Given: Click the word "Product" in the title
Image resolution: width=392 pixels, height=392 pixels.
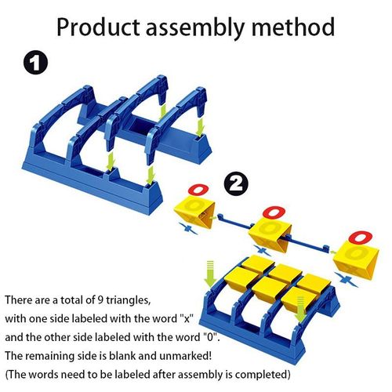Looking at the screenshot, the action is (x=98, y=27).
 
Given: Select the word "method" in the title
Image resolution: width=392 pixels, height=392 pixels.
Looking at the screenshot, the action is (x=293, y=27).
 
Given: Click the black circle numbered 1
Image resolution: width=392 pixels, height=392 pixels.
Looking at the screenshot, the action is (x=35, y=63).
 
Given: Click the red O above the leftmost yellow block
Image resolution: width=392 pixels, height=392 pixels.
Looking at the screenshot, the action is (x=198, y=190).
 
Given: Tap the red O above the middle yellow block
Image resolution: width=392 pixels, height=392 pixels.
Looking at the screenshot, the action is (x=274, y=212).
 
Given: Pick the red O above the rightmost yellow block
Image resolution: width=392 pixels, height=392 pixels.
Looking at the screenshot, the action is (x=361, y=238).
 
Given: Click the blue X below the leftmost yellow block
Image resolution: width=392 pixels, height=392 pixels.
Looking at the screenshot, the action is (x=189, y=229).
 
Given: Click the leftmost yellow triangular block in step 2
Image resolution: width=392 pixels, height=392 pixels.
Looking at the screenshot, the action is (x=194, y=212).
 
